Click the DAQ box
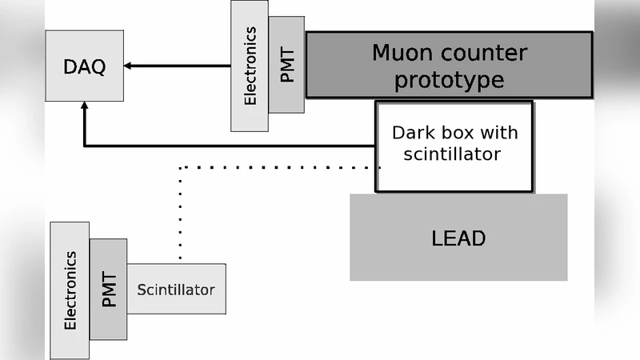pyautogui.click(x=84, y=66)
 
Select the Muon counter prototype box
pyautogui.click(x=449, y=65)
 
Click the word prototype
pyautogui.click(x=449, y=80)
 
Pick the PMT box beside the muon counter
pyautogui.click(x=286, y=65)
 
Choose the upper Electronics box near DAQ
pyautogui.click(x=250, y=66)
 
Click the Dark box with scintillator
pyautogui.click(x=454, y=146)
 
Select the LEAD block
pyautogui.click(x=458, y=238)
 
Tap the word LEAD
pyautogui.click(x=458, y=238)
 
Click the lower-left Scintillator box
pyautogui.click(x=176, y=289)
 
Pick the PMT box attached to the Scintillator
pyautogui.click(x=108, y=289)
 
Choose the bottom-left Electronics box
pyautogui.click(x=70, y=290)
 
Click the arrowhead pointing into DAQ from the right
pyautogui.click(x=129, y=66)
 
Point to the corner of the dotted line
pyautogui.click(x=181, y=168)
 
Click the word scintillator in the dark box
pyautogui.click(x=453, y=154)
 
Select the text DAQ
pyautogui.click(x=84, y=66)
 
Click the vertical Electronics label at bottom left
pyautogui.click(x=70, y=290)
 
